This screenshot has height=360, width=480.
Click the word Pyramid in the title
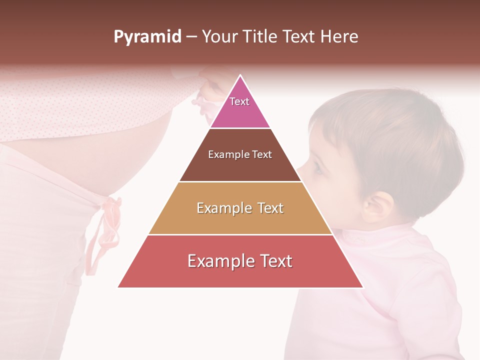tap(147, 37)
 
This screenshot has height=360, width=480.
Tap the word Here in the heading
tap(339, 36)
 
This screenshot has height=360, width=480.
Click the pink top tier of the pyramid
tap(240, 107)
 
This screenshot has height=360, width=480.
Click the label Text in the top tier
tap(239, 101)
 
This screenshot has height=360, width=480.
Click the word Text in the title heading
tap(299, 36)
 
